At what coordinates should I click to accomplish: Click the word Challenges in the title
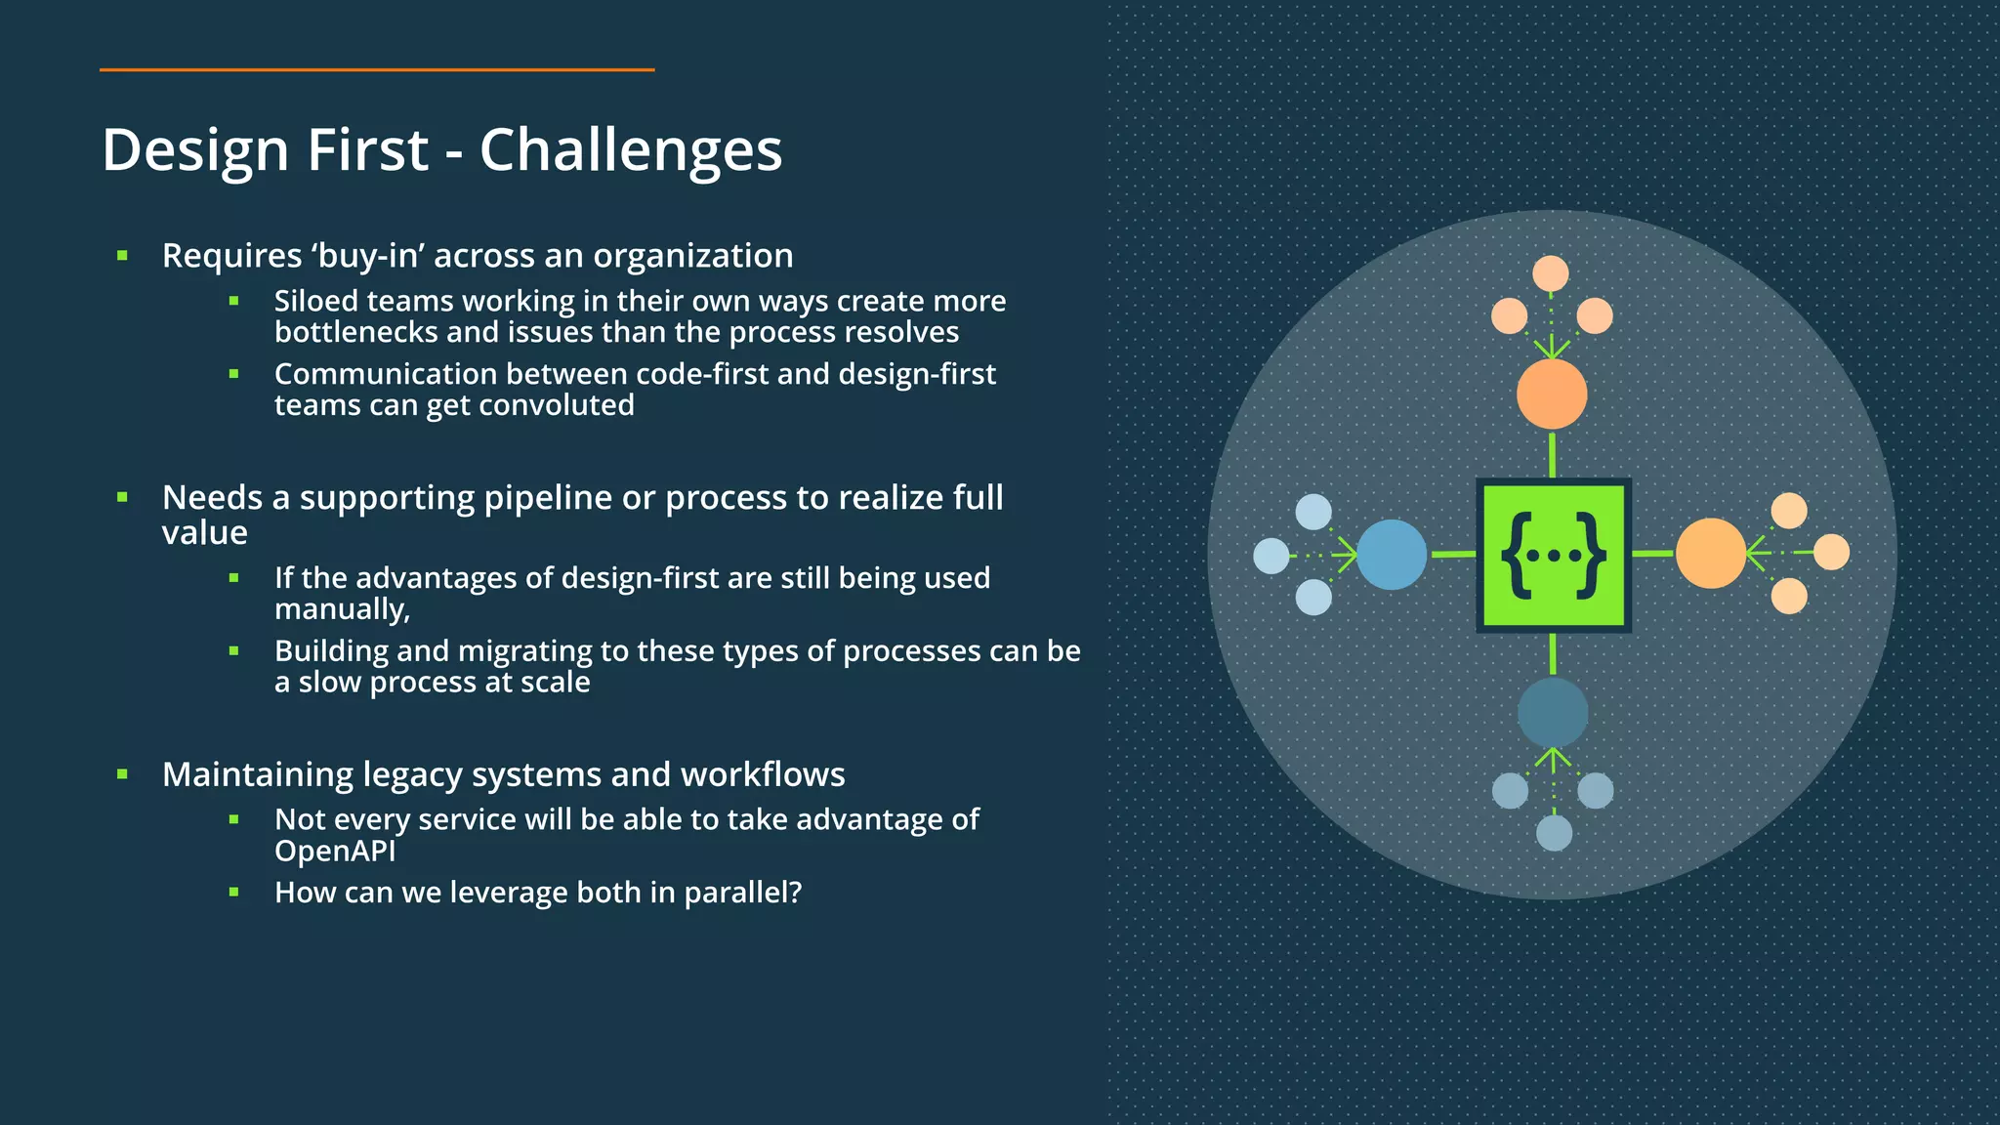tap(630, 150)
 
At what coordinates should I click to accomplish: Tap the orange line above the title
tap(376, 70)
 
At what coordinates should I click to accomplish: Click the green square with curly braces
tap(1553, 555)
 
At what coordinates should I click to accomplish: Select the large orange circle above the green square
tap(1552, 394)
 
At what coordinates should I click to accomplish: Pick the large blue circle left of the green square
tap(1392, 555)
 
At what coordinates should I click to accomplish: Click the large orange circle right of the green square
tap(1711, 554)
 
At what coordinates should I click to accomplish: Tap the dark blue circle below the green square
tap(1553, 713)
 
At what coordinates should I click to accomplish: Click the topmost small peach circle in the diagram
tap(1551, 273)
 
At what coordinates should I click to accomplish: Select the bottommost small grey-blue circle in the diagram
tap(1554, 833)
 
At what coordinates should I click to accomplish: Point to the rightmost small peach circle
tap(1831, 552)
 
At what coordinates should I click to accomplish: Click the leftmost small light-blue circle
tap(1271, 556)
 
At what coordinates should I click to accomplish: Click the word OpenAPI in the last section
tap(335, 851)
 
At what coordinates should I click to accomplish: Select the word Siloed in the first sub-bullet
tap(315, 301)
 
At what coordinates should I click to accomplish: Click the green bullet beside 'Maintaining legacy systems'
tap(123, 774)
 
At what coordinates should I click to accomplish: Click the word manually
tap(341, 609)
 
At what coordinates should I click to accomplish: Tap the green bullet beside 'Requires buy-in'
tap(123, 256)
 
